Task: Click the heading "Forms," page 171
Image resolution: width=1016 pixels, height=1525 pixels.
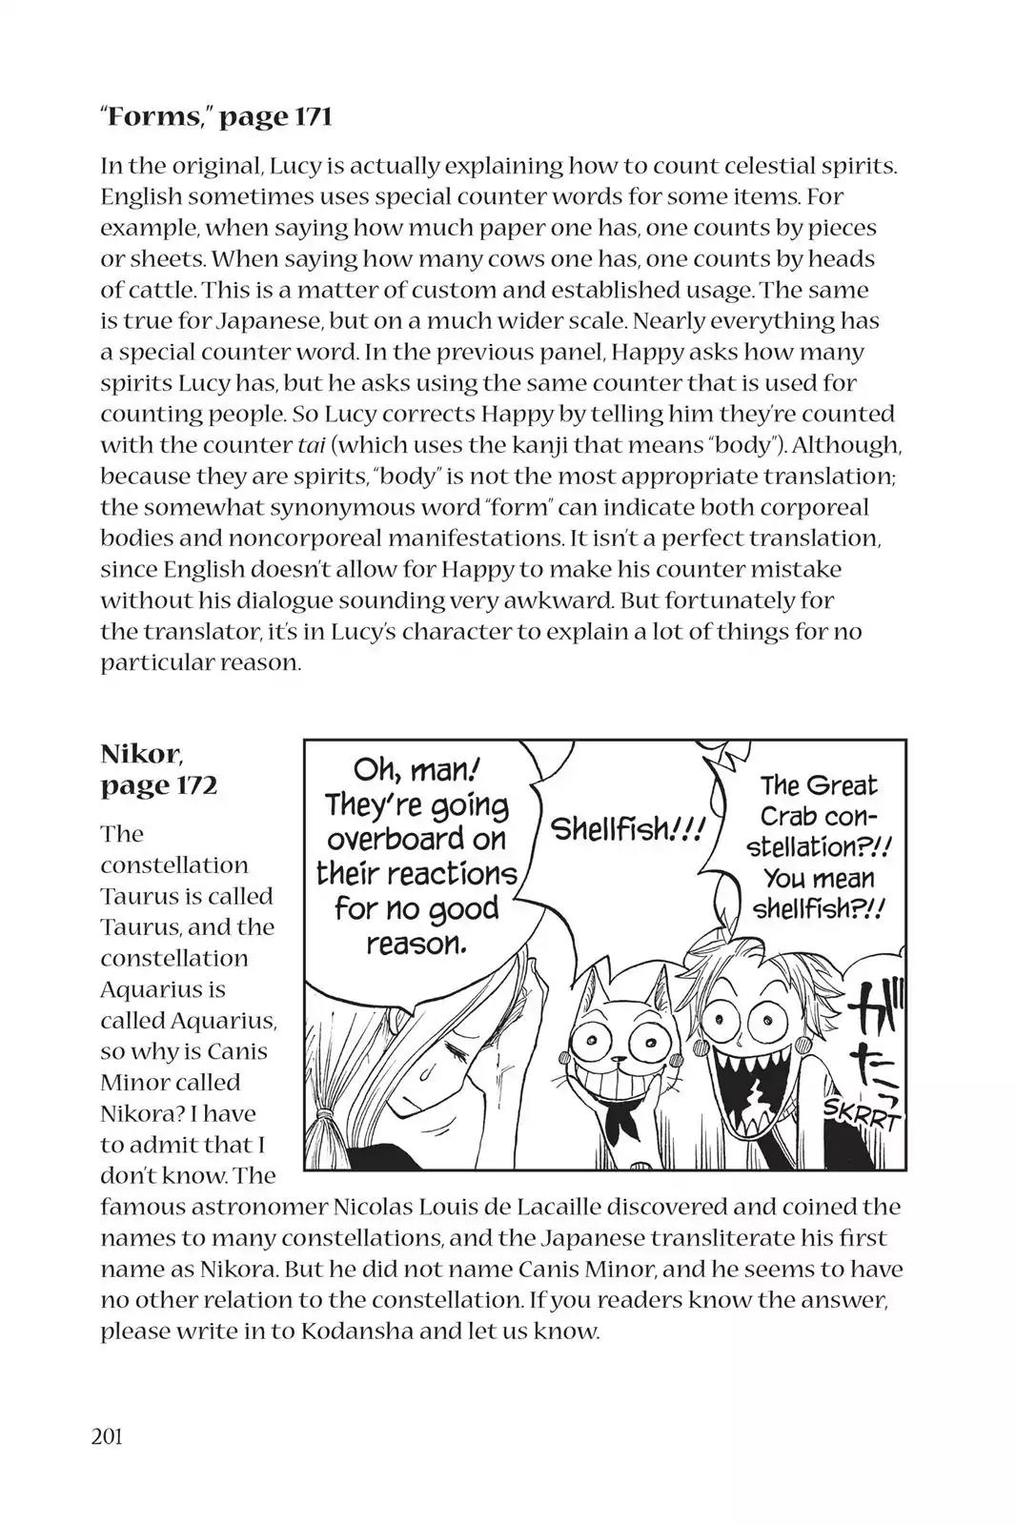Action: tap(215, 117)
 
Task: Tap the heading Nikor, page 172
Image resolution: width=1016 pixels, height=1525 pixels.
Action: tap(158, 769)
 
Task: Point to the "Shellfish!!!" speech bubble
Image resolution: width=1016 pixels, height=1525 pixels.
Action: tap(626, 829)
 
